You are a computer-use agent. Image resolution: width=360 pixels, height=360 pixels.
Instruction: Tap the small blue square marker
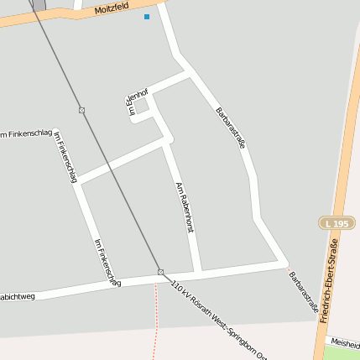coord(147,17)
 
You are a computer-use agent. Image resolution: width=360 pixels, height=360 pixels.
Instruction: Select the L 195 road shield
coord(335,223)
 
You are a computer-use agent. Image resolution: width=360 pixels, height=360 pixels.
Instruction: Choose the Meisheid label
coord(345,342)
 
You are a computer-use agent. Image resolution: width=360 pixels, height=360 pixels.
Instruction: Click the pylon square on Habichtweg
coord(160,272)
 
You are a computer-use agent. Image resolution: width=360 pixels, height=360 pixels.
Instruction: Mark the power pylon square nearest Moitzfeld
coord(81,110)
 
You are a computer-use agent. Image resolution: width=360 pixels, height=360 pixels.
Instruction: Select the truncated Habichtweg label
coord(17,295)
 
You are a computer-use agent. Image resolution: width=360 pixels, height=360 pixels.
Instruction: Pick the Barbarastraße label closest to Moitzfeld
coord(231,128)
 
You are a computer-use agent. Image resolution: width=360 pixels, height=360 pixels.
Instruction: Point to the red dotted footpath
coord(155,319)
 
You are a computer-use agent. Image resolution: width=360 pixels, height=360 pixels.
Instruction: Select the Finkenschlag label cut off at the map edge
coord(25,134)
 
